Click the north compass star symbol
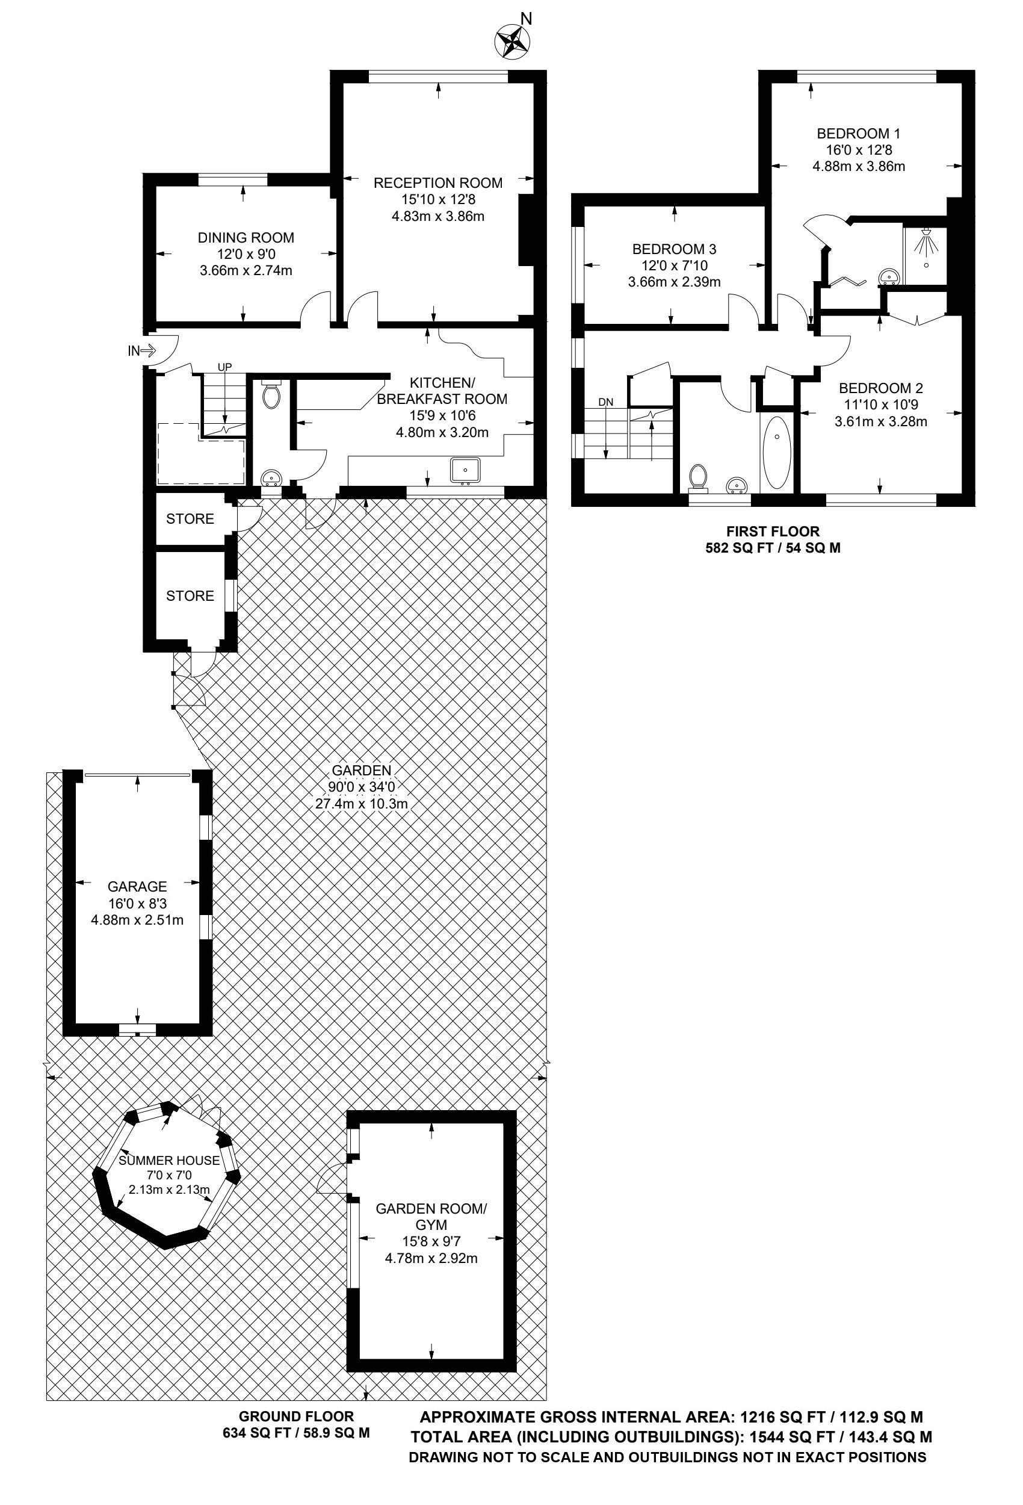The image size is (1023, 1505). click(512, 42)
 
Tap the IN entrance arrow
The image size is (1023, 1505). click(147, 351)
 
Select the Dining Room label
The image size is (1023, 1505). click(246, 238)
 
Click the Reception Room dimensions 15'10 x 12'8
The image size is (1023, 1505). click(437, 199)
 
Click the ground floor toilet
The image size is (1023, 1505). click(271, 394)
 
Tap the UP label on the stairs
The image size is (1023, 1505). click(224, 367)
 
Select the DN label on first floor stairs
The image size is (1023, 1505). click(605, 402)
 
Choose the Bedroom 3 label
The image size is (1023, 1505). click(674, 249)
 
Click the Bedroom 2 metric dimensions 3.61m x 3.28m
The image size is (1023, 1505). click(880, 421)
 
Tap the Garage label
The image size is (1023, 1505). click(137, 887)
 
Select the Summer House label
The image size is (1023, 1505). click(169, 1161)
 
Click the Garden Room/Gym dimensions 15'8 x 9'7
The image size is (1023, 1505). click(431, 1241)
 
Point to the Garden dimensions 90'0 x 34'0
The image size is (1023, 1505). click(362, 787)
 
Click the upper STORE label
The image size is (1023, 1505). click(190, 519)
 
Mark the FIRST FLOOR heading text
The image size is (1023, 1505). click(773, 531)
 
